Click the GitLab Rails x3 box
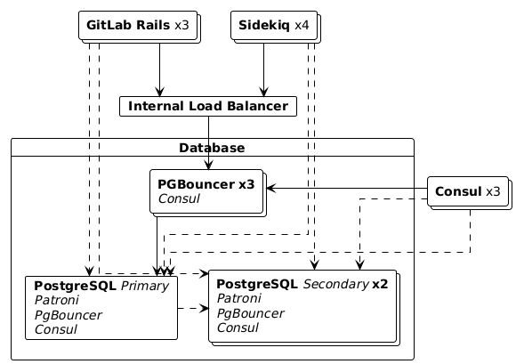coord(139,27)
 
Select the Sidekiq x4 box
coord(276,27)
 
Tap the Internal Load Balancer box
coord(208,106)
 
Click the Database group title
coord(212,148)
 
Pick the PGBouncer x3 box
coord(207,193)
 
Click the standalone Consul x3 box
coord(470,193)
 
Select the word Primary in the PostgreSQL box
coord(145,286)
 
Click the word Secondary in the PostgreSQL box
coord(336,285)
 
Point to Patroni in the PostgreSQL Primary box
coord(57,300)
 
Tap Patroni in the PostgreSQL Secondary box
coord(239,298)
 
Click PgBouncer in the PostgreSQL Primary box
coord(69,315)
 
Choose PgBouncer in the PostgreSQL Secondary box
coord(250,313)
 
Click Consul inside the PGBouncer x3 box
coord(179,198)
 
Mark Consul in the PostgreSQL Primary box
coord(56,329)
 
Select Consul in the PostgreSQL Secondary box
coord(238,328)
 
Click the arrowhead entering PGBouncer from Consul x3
coord(270,189)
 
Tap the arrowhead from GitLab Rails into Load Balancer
coord(159,92)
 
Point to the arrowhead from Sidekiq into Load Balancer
coord(263,92)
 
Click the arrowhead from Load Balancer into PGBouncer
coord(208,165)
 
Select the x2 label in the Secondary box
coord(380,285)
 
